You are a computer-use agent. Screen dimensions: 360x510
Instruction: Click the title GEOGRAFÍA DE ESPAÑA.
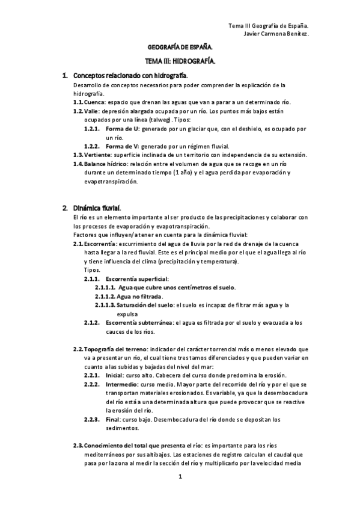(x=180, y=46)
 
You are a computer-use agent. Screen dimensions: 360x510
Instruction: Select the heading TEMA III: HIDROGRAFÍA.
(x=180, y=61)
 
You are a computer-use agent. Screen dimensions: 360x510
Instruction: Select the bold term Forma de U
(x=123, y=129)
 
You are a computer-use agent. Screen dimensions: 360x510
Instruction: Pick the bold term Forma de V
(x=123, y=146)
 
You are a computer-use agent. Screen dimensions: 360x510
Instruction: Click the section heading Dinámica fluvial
(x=97, y=207)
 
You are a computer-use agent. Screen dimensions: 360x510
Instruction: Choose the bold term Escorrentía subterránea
(x=139, y=322)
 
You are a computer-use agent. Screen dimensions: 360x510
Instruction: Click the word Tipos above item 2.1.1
(x=92, y=270)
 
